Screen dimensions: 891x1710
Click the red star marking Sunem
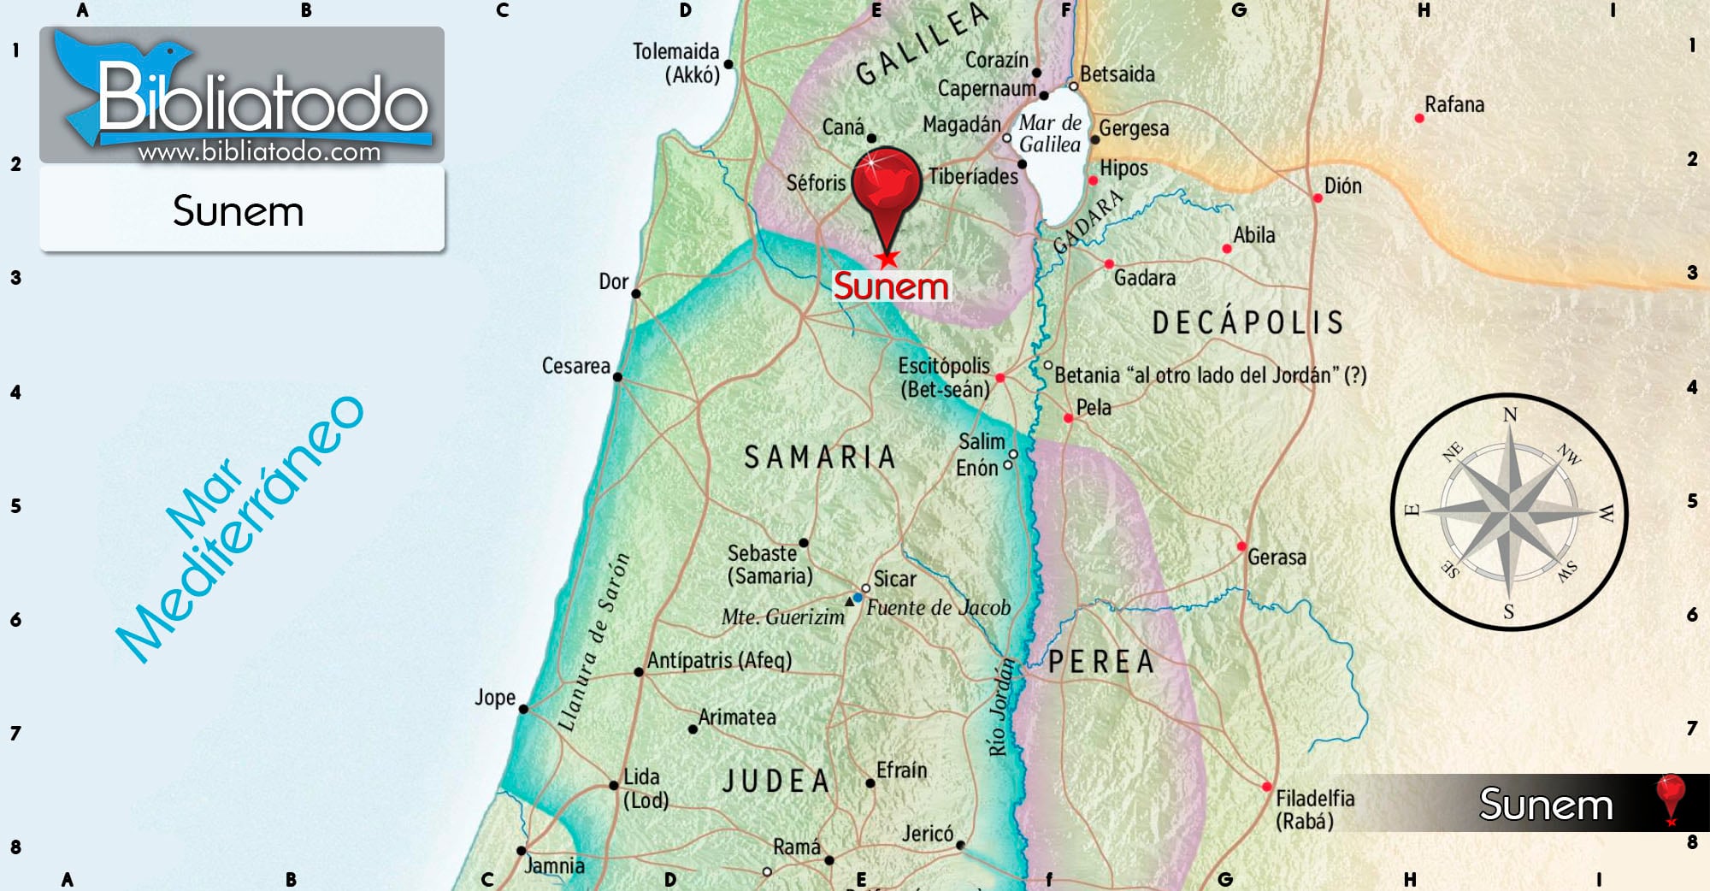pos(887,257)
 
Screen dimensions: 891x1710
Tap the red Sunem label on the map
pos(891,286)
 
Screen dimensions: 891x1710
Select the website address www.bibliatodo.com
pos(259,152)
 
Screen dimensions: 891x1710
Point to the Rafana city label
pos(1453,105)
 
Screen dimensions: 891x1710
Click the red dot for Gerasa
pos(1241,546)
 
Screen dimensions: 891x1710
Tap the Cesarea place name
pos(575,366)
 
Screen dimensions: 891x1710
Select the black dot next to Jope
pos(523,709)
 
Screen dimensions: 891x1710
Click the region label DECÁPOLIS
pos(1247,322)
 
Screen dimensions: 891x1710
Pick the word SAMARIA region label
pos(819,457)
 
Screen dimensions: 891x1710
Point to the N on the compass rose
pos(1510,415)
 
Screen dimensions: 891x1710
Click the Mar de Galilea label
pos(1050,134)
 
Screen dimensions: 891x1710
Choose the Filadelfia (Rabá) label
pos(1314,810)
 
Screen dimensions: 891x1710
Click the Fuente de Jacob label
pos(938,608)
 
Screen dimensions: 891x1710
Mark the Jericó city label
pos(927,833)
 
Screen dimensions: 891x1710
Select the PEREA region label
pos(1101,662)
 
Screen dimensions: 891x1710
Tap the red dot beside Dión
pos(1318,198)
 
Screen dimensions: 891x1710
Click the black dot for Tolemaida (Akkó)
pos(728,64)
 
